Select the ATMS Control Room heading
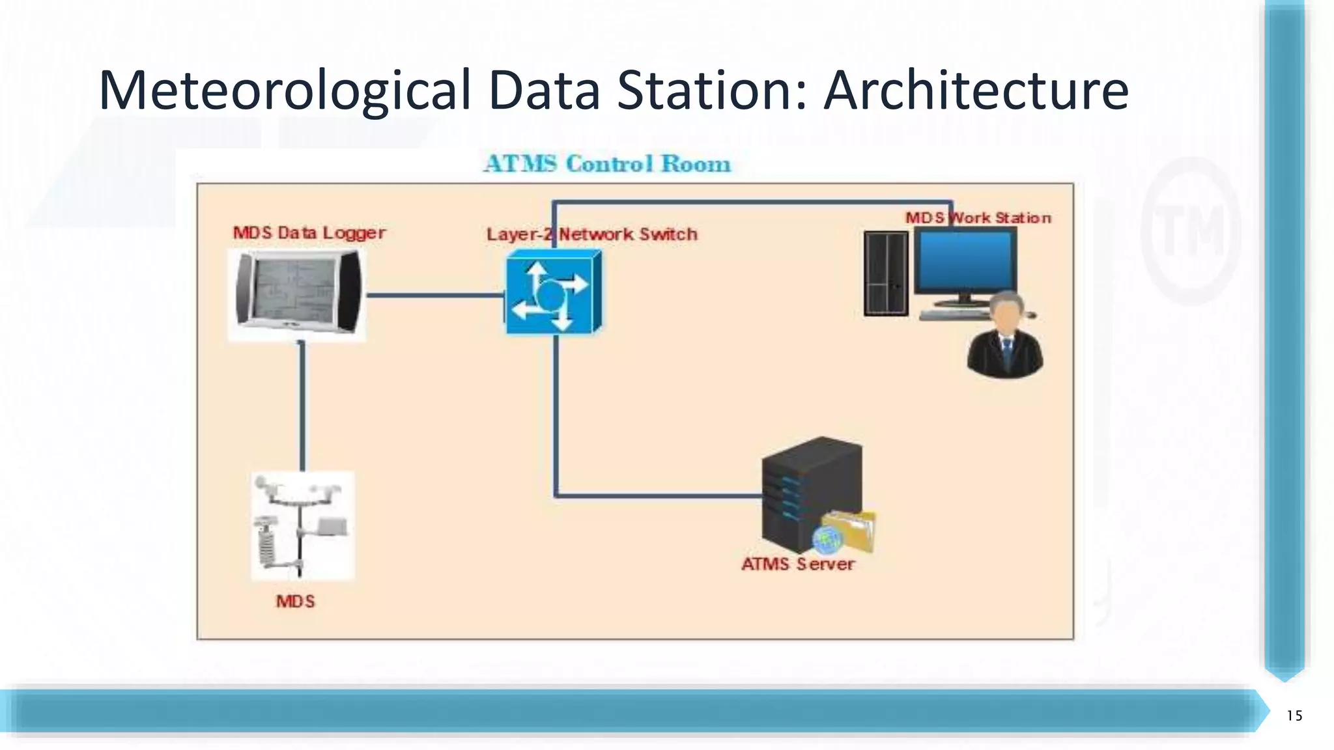(607, 163)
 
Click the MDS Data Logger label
(309, 232)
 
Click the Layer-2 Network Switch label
(591, 234)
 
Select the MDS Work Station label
(978, 217)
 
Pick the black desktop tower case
(886, 273)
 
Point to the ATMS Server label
(798, 564)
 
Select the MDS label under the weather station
(295, 601)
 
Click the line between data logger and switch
(435, 295)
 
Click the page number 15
(1294, 716)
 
